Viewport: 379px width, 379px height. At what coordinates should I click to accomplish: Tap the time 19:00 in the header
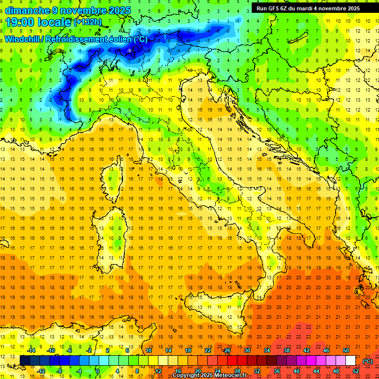[x=23, y=22]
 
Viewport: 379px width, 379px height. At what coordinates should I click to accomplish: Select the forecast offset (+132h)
[x=87, y=22]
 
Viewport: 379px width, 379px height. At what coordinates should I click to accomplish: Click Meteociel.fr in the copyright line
[x=232, y=376]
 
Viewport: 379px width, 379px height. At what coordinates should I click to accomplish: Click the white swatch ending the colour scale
[x=350, y=361]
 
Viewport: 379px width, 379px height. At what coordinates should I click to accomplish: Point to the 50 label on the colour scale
[x=346, y=350]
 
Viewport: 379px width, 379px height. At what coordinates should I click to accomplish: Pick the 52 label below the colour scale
[x=356, y=371]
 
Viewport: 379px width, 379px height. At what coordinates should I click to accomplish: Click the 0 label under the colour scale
[x=98, y=371]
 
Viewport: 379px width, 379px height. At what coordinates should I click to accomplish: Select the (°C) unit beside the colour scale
[x=368, y=361]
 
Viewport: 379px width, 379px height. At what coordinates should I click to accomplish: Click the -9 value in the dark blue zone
[x=128, y=50]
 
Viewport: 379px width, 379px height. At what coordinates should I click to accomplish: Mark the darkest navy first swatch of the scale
[x=25, y=361]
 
